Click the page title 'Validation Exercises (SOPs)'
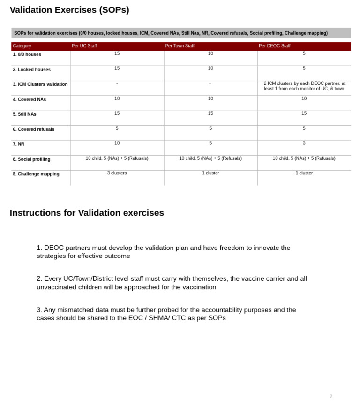(x=69, y=10)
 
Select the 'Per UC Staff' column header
(x=84, y=46)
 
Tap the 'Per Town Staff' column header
(x=180, y=46)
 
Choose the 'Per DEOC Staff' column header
(x=274, y=46)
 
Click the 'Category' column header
(x=22, y=46)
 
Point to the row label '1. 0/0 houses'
(x=27, y=54)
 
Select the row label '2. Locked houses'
(x=31, y=69)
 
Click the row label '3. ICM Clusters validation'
(x=40, y=84)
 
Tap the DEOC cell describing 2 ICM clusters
(x=304, y=86)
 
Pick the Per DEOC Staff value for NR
(x=304, y=143)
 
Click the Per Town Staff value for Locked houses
(x=210, y=68)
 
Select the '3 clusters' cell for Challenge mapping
(x=117, y=173)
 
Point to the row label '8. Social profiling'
(x=31, y=159)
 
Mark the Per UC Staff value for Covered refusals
(x=117, y=128)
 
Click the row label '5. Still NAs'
(x=24, y=114)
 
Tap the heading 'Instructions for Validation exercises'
(x=87, y=213)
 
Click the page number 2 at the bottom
(x=331, y=397)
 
